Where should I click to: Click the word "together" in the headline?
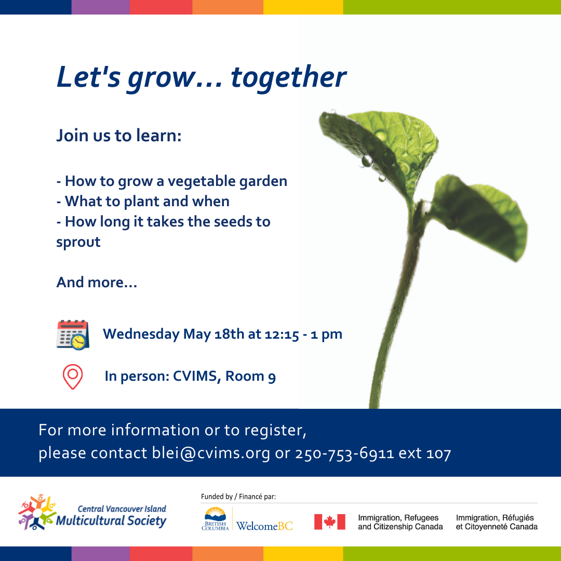coord(288,78)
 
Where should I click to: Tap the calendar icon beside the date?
coord(73,335)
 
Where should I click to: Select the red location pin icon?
coord(73,377)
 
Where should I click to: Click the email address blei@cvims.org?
coord(211,453)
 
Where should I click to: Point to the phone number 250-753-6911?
coord(344,453)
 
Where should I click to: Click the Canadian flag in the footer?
coord(329,522)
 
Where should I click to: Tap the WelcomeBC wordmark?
coord(264,526)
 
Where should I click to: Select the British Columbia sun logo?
coord(215,518)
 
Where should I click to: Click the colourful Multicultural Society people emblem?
coord(37,512)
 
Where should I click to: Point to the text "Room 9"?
coord(250,377)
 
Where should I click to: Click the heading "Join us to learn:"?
coord(119,136)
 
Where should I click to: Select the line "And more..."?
coord(97,282)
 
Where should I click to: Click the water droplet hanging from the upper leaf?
coord(367,161)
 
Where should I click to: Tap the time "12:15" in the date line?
coord(282,334)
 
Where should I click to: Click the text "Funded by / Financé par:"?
coord(238,497)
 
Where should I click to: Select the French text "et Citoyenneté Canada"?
coord(497,527)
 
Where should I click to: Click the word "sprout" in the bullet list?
coord(78,243)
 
